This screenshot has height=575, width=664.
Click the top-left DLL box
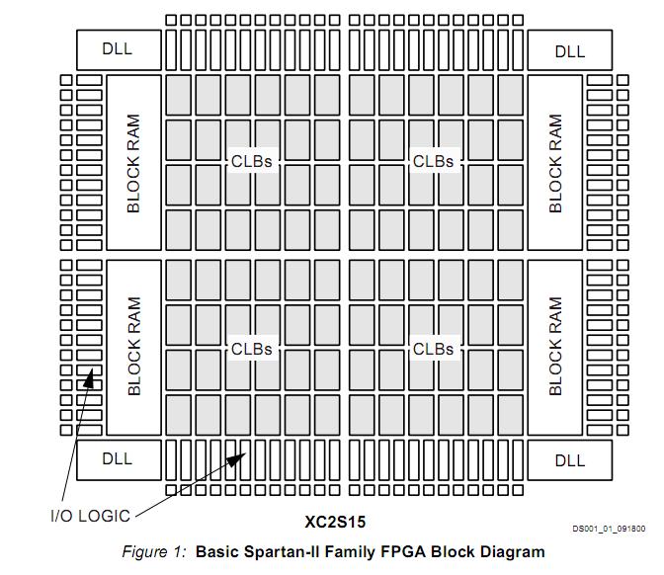(x=118, y=49)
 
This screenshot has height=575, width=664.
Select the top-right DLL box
(x=569, y=50)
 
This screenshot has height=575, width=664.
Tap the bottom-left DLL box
(x=118, y=458)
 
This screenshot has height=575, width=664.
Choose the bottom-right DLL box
(x=569, y=459)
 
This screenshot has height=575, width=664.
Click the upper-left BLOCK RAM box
(x=133, y=163)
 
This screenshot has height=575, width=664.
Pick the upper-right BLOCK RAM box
(x=554, y=163)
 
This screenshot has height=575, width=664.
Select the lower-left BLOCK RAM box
(x=133, y=347)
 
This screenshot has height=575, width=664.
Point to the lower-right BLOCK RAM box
(x=554, y=347)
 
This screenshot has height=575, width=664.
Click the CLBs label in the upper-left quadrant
(x=251, y=160)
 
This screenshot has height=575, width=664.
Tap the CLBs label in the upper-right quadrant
(x=433, y=160)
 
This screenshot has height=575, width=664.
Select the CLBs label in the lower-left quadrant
(x=251, y=349)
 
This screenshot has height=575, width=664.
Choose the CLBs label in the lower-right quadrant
(x=433, y=349)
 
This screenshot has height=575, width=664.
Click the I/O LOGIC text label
(x=89, y=515)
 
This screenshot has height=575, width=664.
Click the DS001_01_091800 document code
(x=609, y=530)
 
